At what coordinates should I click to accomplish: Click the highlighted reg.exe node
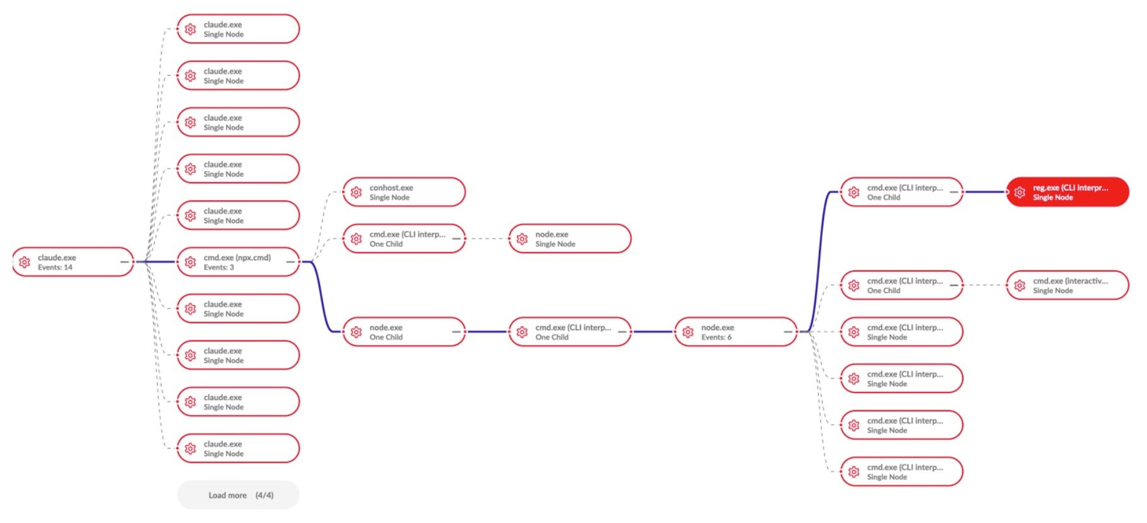[x=1067, y=192]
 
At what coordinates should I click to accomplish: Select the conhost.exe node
[x=404, y=192]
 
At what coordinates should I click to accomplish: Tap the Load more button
[x=238, y=495]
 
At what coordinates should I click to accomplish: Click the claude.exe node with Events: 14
[x=73, y=262]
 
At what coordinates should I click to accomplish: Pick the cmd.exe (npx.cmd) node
[x=238, y=262]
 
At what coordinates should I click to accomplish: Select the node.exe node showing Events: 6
[x=736, y=332]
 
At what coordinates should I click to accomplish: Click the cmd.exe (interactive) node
[x=1067, y=285]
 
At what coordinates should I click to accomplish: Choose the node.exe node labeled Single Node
[x=569, y=239]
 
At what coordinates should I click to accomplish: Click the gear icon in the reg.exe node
[x=1020, y=192]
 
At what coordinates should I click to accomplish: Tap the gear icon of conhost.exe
[x=356, y=192]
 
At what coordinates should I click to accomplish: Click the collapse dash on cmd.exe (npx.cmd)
[x=290, y=262]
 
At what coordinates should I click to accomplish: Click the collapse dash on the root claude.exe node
[x=125, y=262]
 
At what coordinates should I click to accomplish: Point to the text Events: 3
[x=219, y=267]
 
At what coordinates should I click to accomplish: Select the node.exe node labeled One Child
[x=404, y=332]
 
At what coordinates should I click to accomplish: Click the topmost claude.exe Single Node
[x=238, y=29]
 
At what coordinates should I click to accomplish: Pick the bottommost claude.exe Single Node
[x=238, y=448]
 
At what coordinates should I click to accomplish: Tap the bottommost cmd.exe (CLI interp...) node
[x=901, y=472]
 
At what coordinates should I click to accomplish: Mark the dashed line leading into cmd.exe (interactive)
[x=985, y=285]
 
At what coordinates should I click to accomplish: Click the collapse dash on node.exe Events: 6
[x=788, y=332]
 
